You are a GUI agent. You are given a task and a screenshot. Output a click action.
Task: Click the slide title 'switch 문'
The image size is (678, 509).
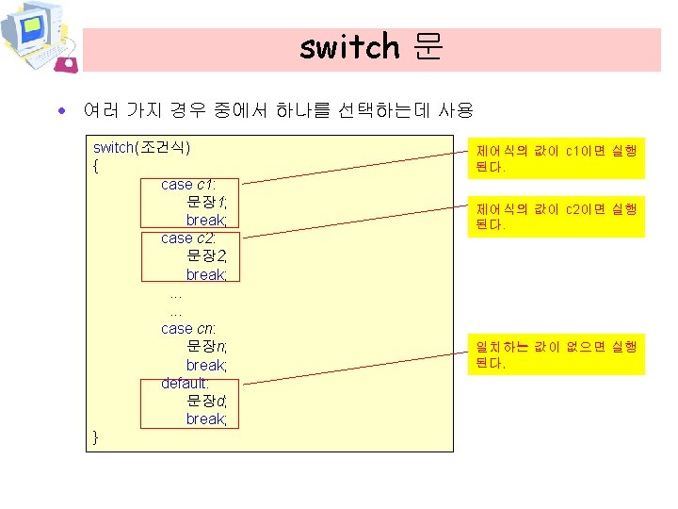(371, 46)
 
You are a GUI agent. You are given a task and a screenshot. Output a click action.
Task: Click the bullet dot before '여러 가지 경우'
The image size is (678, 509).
(61, 111)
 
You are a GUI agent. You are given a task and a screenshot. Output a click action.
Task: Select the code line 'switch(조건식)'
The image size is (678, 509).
(141, 148)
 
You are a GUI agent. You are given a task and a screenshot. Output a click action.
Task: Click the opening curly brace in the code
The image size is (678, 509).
(96, 167)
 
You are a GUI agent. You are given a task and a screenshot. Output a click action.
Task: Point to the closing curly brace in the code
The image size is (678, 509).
(96, 436)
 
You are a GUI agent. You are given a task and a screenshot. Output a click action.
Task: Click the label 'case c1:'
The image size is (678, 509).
(188, 185)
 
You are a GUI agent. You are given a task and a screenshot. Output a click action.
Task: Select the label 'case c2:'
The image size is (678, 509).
(188, 238)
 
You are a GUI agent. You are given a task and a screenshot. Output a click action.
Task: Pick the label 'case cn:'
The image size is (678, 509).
(188, 329)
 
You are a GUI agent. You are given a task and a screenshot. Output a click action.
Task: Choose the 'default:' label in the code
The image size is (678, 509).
(185, 383)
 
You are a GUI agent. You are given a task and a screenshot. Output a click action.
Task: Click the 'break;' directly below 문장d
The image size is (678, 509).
(206, 419)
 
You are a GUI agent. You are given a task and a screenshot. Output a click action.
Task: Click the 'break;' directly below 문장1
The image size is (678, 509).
(206, 221)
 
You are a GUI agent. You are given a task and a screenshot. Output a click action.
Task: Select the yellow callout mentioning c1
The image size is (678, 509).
(557, 159)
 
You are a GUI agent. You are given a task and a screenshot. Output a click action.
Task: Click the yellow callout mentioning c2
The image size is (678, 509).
(557, 217)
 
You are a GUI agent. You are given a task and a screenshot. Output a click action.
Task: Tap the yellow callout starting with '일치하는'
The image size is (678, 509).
(557, 354)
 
